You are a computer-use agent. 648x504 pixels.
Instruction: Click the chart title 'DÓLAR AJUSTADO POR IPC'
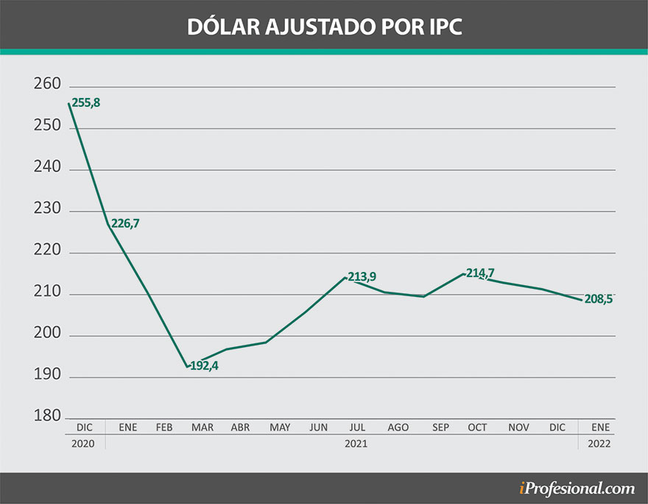324,25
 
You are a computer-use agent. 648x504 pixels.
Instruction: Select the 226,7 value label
124,223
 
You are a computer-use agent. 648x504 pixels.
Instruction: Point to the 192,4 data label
204,365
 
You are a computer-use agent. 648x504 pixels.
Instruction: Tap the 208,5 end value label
598,300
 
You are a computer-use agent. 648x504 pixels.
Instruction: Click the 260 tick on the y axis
46,85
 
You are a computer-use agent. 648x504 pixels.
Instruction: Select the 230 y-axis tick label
46,211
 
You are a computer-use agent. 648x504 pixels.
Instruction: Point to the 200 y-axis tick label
46,335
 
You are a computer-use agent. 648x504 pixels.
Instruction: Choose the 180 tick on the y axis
46,417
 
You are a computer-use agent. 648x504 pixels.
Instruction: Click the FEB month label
163,427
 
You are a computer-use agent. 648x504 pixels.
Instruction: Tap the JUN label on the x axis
319,427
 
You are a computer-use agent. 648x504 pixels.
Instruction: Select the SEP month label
440,427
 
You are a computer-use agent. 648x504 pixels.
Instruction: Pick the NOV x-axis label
518,427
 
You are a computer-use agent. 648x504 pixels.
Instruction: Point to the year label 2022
597,444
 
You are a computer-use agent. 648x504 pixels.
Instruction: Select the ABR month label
240,427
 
